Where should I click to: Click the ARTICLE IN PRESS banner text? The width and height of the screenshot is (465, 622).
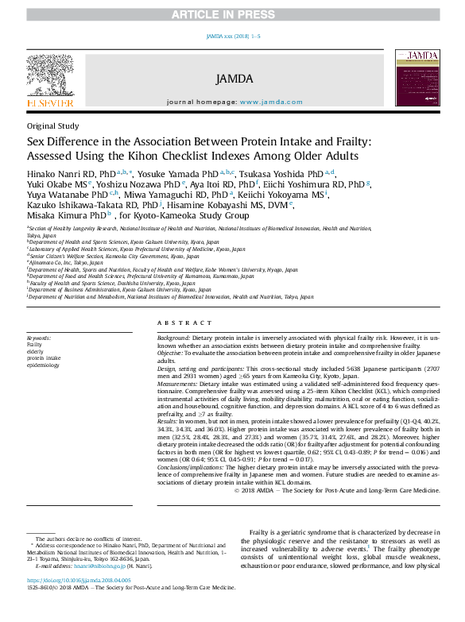[x=233, y=15]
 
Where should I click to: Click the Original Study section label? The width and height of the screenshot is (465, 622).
[x=52, y=126]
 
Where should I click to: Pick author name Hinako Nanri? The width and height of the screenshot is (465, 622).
[x=61, y=173]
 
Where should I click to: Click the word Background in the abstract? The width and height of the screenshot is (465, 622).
[x=174, y=338]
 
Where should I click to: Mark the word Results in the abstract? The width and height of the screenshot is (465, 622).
[x=169, y=422]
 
